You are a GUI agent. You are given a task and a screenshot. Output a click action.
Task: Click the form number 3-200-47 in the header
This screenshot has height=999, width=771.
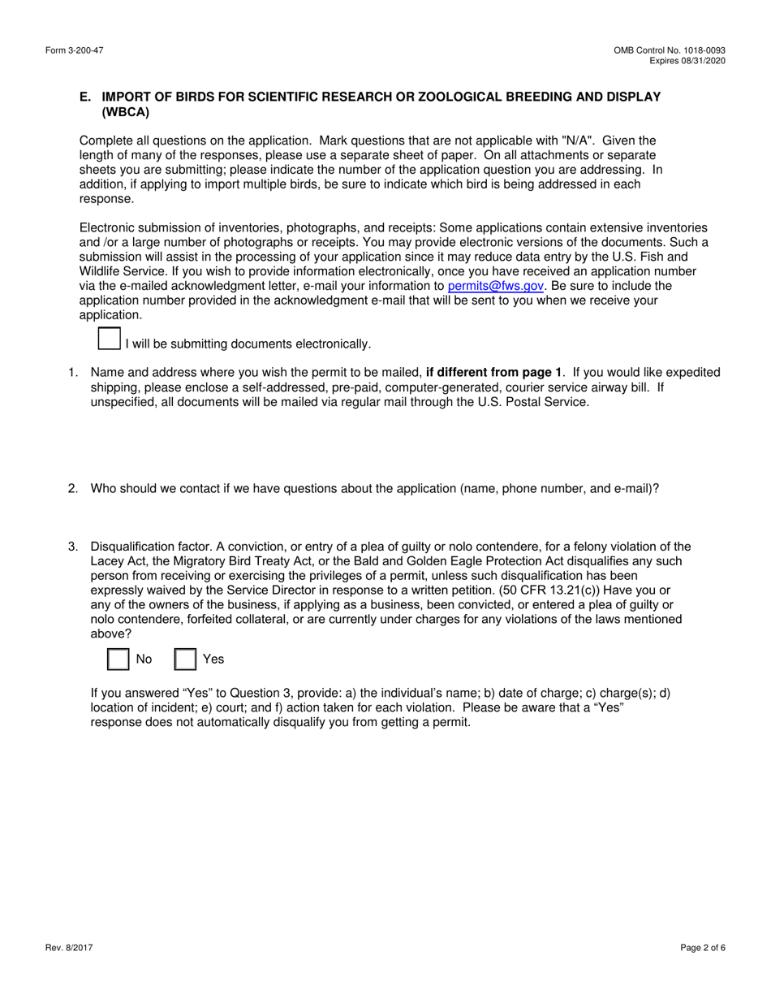pyautogui.click(x=74, y=50)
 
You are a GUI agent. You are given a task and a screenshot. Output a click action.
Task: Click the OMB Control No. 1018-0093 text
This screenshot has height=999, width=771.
pyautogui.click(x=670, y=50)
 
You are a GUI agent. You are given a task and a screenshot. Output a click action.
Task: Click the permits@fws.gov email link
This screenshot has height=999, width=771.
pyautogui.click(x=495, y=286)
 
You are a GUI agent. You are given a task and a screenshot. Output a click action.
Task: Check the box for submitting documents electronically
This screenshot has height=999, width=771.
pyautogui.click(x=109, y=339)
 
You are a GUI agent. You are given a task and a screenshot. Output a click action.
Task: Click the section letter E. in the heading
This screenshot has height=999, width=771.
pyautogui.click(x=85, y=97)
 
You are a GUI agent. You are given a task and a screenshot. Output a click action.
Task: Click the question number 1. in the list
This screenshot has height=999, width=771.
pyautogui.click(x=73, y=372)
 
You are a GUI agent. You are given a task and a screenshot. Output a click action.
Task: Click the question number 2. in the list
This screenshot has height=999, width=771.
pyautogui.click(x=73, y=488)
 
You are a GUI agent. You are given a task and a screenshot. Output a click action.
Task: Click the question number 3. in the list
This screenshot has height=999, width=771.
pyautogui.click(x=73, y=547)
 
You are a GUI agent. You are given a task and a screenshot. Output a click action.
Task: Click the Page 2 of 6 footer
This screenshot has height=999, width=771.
pyautogui.click(x=703, y=947)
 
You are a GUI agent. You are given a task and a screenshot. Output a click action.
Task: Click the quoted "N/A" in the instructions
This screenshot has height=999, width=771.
pyautogui.click(x=574, y=141)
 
